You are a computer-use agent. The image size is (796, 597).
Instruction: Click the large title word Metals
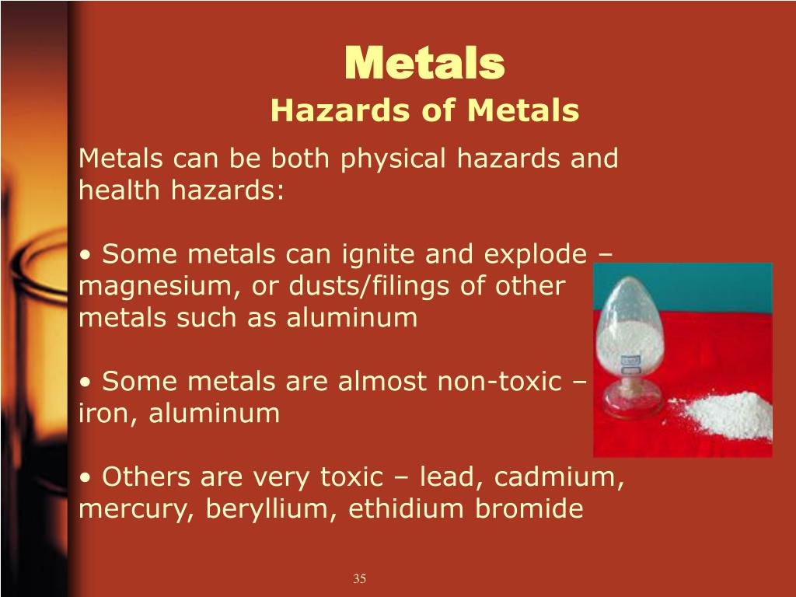(424, 64)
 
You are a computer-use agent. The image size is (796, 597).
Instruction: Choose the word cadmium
(556, 477)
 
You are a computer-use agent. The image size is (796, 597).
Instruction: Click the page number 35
(359, 578)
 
